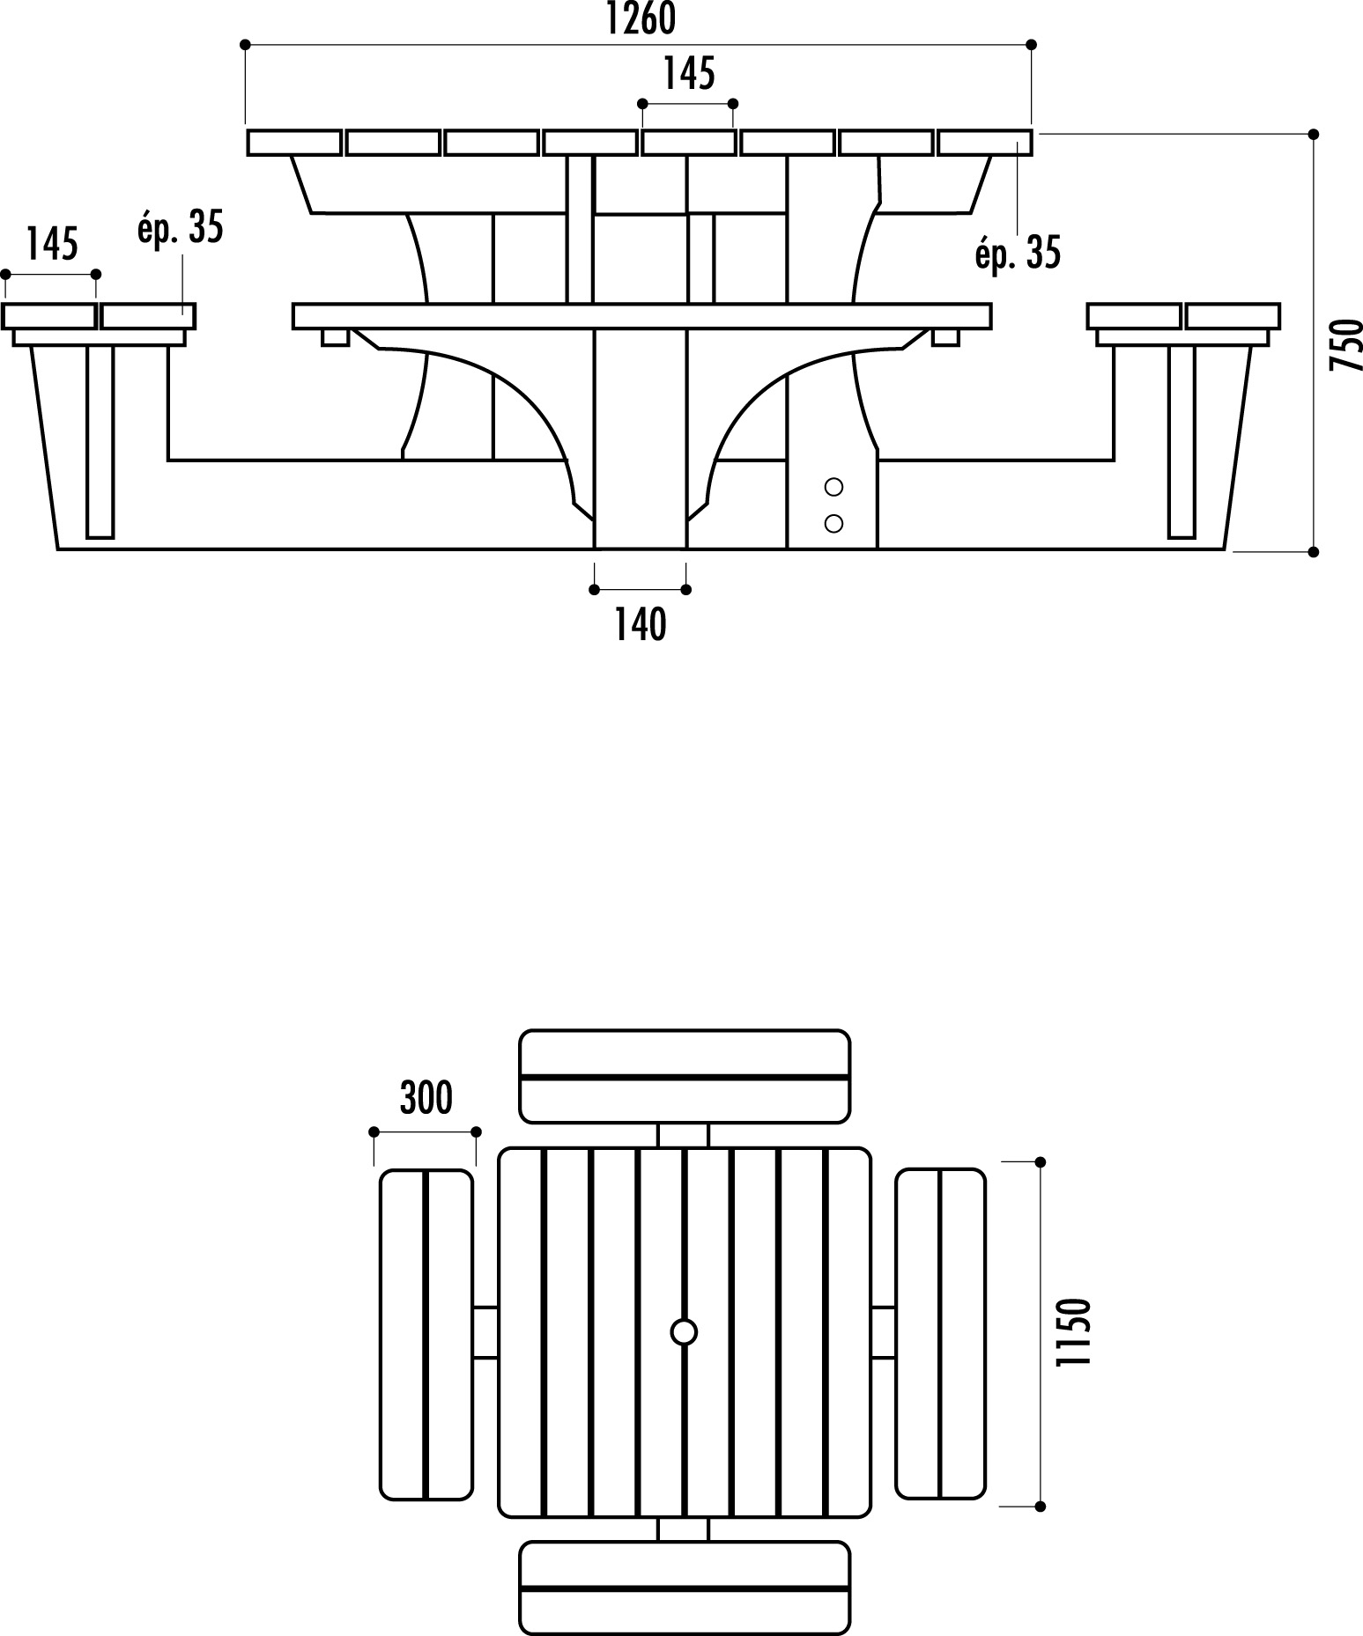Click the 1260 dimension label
pos(641,18)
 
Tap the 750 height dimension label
pos(1345,345)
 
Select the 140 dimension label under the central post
pos(641,624)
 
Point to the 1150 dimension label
pos(1073,1333)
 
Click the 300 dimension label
pos(426,1098)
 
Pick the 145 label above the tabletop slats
pos(689,74)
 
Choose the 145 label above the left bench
pos(52,244)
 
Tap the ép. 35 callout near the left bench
pos(181,226)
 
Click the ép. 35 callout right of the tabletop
pos(1018,253)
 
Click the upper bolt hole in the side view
pos(833,486)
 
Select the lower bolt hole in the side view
pos(833,524)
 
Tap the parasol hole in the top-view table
pos(684,1332)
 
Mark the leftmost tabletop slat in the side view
pos(294,143)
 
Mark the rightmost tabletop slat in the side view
pos(985,143)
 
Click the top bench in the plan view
pos(685,1076)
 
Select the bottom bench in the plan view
pos(685,1588)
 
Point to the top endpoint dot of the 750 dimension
pos(1314,134)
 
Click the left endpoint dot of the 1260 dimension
pos(245,44)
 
